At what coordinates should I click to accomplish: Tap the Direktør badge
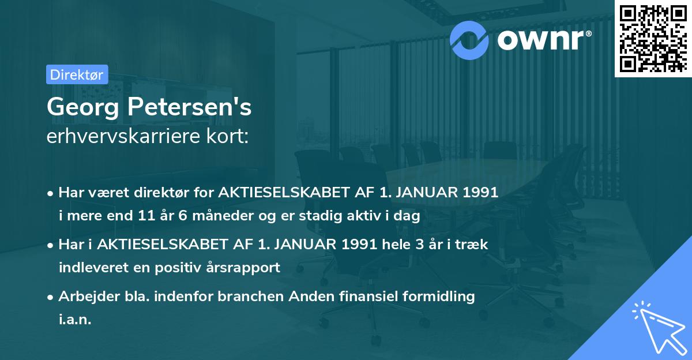pyautogui.click(x=77, y=74)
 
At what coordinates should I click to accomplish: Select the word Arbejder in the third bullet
pyautogui.click(x=84, y=297)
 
